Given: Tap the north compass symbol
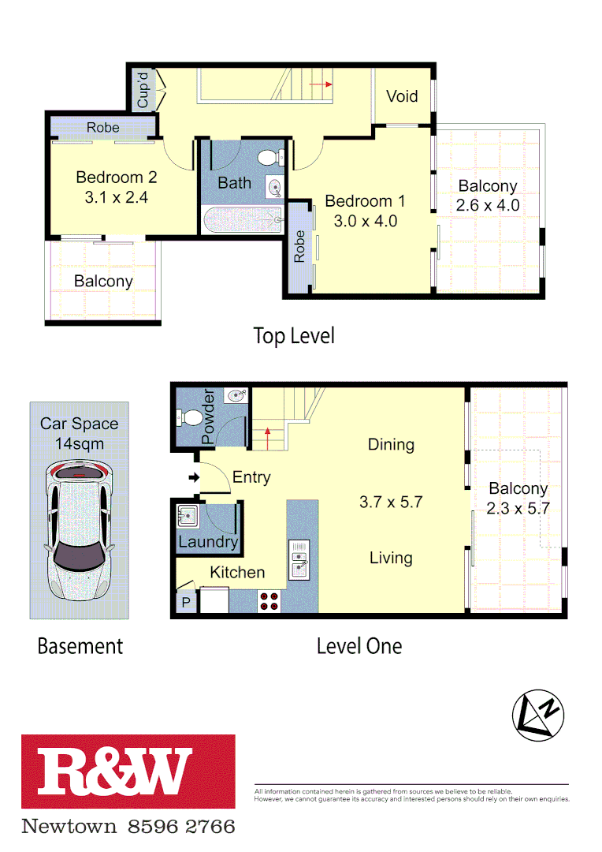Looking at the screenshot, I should point(538,716).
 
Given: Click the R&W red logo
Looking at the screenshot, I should point(128,772).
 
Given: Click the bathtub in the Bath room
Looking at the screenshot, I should point(241,219).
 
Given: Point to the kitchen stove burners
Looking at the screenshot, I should point(269,601).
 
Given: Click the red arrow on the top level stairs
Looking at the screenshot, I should point(319,84).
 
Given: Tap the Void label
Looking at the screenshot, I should point(402,96).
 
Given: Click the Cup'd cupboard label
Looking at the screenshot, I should point(143,91).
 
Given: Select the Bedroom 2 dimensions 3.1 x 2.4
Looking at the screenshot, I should point(116,197).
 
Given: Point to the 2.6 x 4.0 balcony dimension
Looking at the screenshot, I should point(488,206).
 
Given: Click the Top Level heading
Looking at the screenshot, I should point(294,336).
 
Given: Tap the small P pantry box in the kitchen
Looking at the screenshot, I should point(186,602).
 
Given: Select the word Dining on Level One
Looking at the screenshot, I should point(391,444).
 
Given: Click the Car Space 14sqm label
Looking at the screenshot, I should point(80,433).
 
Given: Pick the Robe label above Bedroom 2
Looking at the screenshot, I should point(103,127).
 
